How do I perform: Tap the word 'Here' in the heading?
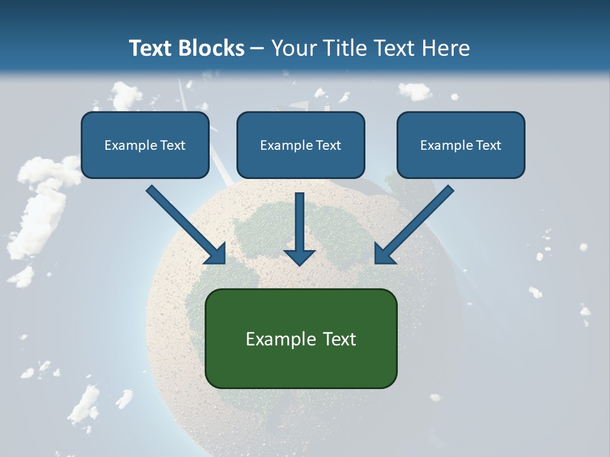click(447, 48)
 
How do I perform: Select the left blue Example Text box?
click(145, 145)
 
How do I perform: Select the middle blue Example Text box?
click(301, 145)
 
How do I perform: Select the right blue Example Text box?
click(461, 145)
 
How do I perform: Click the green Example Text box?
click(301, 338)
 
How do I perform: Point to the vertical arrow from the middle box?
click(299, 222)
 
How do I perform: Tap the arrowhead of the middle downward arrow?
click(299, 256)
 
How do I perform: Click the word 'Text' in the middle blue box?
click(327, 145)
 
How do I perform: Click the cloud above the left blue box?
click(126, 95)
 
